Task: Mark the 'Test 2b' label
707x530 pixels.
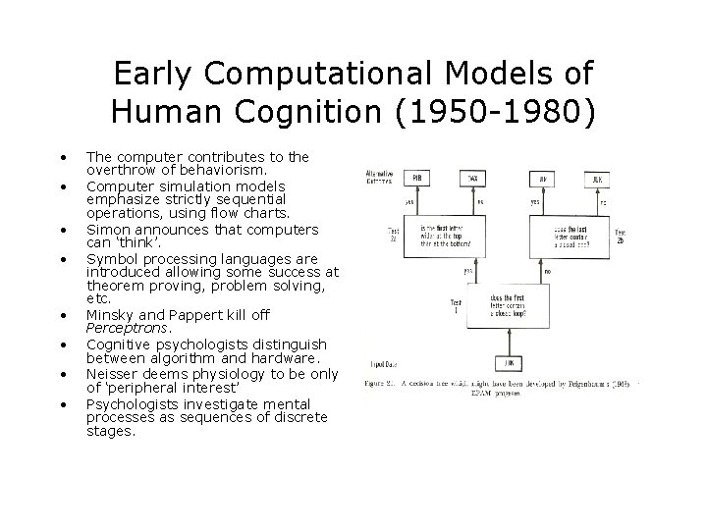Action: pos(623,236)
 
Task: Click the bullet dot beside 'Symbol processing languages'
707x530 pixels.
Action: pos(64,259)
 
